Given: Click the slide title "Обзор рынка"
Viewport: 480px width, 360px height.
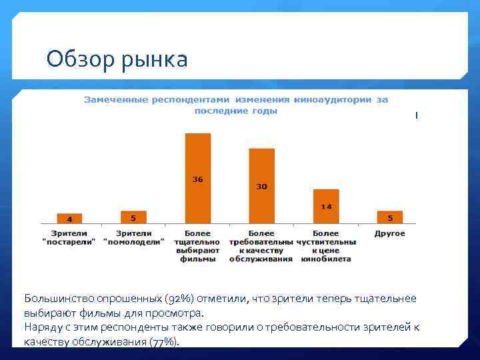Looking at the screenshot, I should [x=117, y=60].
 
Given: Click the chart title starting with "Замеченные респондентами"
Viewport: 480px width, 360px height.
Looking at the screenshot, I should [x=235, y=105].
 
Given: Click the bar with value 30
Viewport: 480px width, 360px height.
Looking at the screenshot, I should [x=261, y=185].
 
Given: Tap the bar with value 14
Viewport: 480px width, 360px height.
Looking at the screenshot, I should [x=326, y=206].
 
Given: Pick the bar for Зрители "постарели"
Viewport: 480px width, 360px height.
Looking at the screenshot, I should [x=69, y=218].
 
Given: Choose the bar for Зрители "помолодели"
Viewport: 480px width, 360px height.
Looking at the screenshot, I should [x=133, y=217].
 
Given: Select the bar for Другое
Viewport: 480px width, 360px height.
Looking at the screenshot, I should [x=390, y=217].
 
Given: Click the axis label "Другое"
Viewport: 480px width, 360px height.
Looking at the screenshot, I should [x=390, y=234].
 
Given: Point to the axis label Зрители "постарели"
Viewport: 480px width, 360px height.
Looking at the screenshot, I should [x=69, y=238].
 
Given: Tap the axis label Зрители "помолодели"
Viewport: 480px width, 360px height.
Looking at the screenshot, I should [x=133, y=238].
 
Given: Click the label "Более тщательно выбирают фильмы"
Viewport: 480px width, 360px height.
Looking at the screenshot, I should [x=197, y=246].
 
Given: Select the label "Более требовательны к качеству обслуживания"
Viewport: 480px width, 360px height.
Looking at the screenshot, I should [x=261, y=246].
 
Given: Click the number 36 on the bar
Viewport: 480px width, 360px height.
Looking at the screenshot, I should [x=197, y=179].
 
